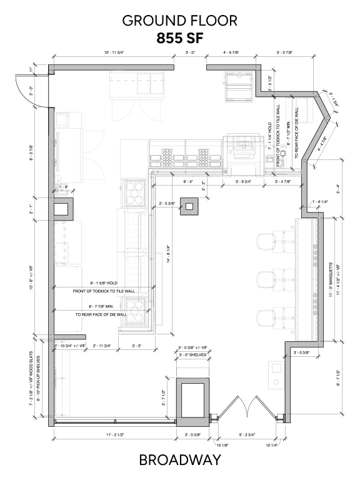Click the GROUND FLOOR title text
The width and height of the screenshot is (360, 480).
[180, 20]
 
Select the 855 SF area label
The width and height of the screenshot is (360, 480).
[180, 39]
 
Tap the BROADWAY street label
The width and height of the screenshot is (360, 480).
[180, 461]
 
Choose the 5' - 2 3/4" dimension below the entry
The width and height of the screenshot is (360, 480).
[247, 434]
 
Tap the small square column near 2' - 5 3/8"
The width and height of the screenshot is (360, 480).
[189, 206]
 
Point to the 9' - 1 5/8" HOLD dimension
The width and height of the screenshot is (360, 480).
[104, 282]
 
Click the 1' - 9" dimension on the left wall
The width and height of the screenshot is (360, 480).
[62, 187]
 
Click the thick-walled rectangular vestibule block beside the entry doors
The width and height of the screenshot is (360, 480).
[192, 400]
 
